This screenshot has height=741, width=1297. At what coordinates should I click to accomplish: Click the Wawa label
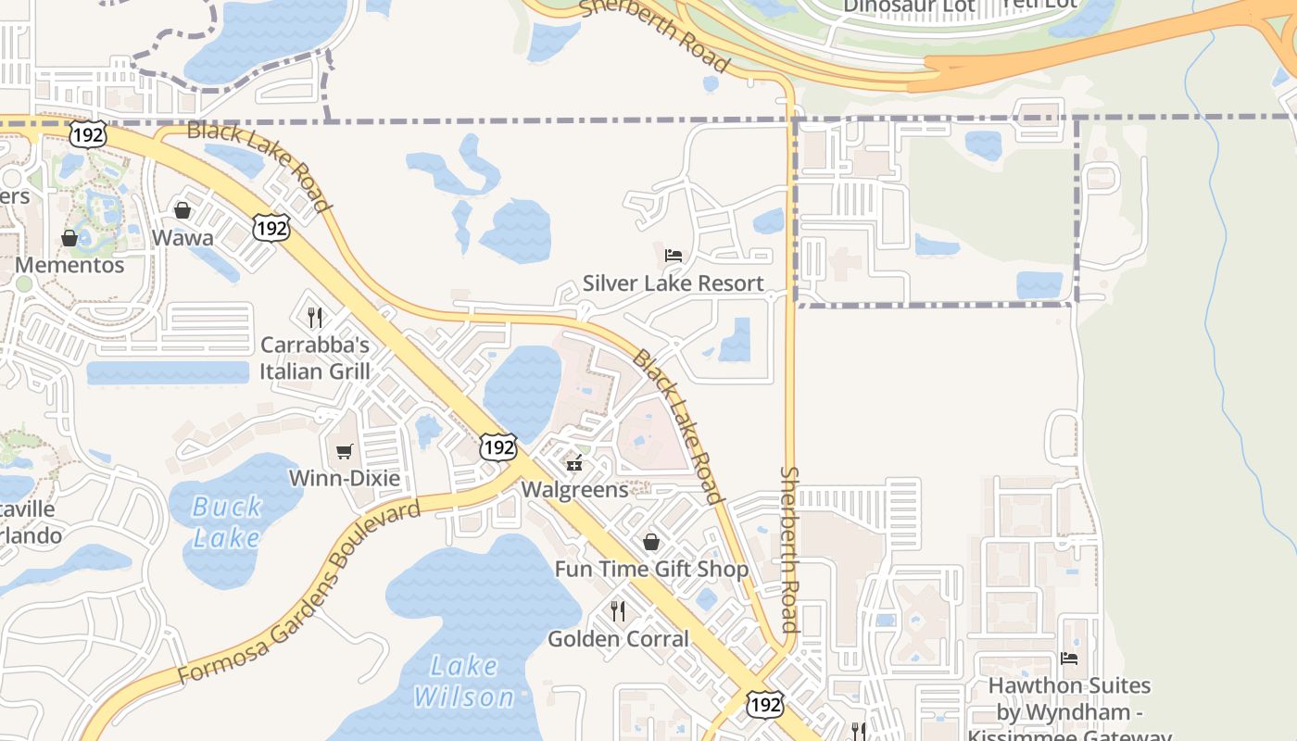tap(183, 238)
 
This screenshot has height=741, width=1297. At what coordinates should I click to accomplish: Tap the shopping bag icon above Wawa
tap(183, 210)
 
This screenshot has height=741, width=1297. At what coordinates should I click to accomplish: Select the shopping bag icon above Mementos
tap(69, 238)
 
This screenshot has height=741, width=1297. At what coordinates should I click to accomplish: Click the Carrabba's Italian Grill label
tap(315, 358)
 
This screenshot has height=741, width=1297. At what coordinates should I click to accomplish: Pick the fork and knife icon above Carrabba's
tap(315, 318)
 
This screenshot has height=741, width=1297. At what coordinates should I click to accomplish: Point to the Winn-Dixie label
tap(345, 479)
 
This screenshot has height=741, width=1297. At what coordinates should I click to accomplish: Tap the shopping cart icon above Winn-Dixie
tap(345, 452)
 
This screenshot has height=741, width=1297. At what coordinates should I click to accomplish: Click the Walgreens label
tap(574, 489)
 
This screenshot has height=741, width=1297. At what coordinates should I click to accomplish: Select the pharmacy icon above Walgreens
tap(574, 462)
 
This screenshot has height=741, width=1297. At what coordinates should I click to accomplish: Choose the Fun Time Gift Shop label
tap(651, 569)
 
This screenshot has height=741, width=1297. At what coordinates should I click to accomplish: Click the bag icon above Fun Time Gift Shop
tap(651, 542)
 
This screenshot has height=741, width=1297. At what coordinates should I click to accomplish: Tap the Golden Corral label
tap(618, 639)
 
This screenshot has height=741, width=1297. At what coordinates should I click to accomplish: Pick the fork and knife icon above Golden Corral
tap(618, 611)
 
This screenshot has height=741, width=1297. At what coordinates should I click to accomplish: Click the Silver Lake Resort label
tap(674, 283)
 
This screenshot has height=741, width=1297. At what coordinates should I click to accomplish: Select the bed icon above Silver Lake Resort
tap(674, 256)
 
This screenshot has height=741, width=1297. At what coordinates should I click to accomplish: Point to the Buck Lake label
tap(227, 522)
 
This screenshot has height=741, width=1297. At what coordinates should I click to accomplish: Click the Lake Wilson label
tap(463, 681)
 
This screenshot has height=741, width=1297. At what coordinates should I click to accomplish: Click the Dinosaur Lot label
tap(909, 6)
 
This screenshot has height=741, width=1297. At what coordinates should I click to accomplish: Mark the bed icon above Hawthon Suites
tap(1069, 659)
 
